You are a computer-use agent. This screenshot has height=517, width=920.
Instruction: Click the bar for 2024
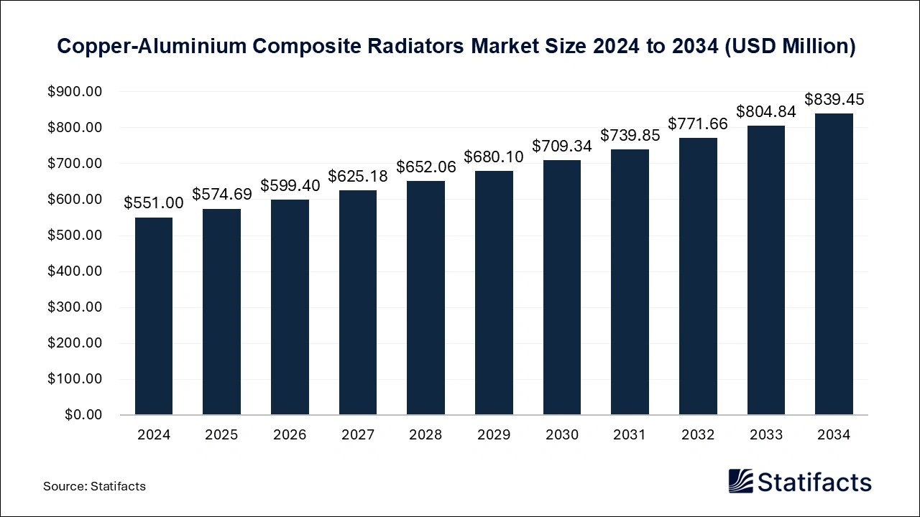coord(154,316)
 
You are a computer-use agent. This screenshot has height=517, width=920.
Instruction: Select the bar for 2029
coord(494,293)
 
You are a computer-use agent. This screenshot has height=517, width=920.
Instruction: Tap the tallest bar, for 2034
coord(834,264)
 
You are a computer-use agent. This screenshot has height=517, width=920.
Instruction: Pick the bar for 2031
coord(630,282)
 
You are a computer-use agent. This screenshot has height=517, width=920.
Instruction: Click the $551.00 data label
coord(154,203)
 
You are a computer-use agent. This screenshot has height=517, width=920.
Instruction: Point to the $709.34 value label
coord(562,146)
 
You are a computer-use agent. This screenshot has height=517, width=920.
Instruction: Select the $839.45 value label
coord(834,100)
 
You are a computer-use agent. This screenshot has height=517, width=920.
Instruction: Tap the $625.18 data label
coord(358,176)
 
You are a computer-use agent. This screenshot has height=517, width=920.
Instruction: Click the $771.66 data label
coord(698,124)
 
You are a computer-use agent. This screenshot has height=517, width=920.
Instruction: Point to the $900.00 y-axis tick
coord(75,92)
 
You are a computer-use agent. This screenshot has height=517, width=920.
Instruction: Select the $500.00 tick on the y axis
coord(75,236)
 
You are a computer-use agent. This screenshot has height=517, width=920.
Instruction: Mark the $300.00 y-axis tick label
coord(75,307)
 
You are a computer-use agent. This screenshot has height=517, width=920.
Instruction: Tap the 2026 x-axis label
coord(290,435)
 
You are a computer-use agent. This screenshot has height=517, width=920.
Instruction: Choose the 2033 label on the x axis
coord(765,435)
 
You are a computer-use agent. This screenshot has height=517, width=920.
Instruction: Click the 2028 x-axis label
coord(425,435)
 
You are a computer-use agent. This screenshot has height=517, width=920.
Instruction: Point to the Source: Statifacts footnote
coord(94,486)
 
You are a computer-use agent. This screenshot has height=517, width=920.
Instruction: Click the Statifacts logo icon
coord(740,481)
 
